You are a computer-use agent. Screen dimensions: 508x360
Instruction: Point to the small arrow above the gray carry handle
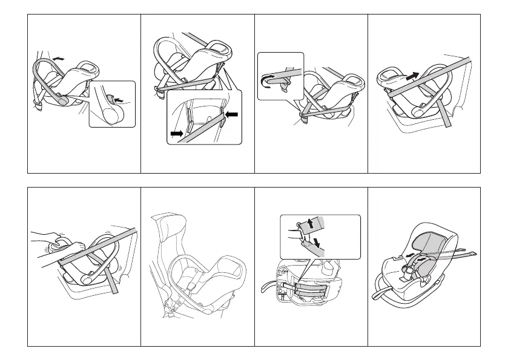(x=58, y=58)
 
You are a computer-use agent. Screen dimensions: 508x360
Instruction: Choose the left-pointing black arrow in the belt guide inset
(x=230, y=114)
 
